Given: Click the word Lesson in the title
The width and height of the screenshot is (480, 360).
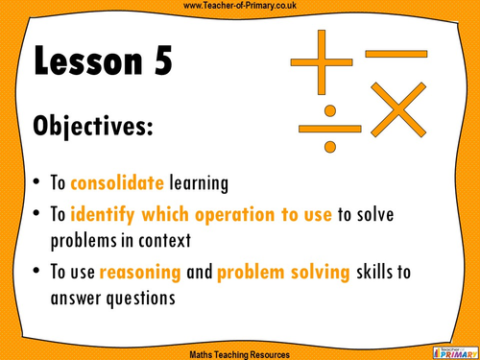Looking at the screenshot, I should pyautogui.click(x=90, y=62).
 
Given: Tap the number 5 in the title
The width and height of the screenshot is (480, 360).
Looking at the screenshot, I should pyautogui.click(x=162, y=62).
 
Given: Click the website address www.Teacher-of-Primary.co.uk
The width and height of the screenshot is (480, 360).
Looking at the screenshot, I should pyautogui.click(x=240, y=7).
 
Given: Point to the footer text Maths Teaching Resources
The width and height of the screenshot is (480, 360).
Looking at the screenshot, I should pyautogui.click(x=240, y=351).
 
